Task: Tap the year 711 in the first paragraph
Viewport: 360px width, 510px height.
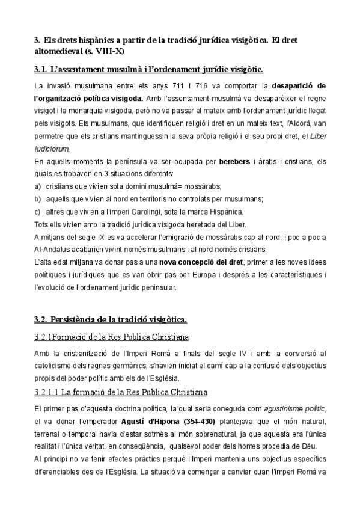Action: (x=198, y=85)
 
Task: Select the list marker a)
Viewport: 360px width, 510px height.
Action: (x=38, y=186)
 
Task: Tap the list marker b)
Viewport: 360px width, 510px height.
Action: (x=38, y=198)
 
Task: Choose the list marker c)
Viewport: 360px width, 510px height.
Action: (x=38, y=211)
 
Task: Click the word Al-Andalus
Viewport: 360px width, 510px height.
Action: (x=52, y=249)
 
